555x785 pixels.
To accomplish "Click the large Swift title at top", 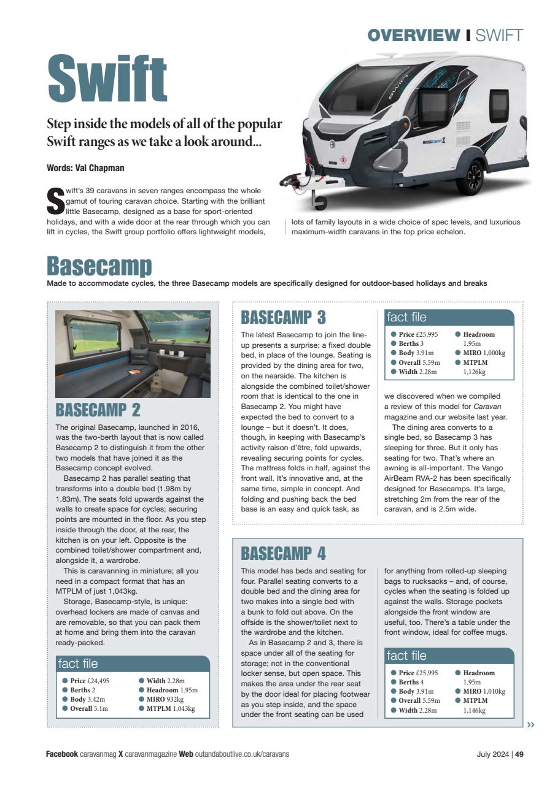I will click(x=107, y=80).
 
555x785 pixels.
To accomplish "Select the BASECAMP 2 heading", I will click(x=99, y=410).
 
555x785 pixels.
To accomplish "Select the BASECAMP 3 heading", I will click(x=284, y=317).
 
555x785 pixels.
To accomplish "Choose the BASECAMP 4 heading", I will click(x=284, y=554).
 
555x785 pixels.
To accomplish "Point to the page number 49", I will click(x=519, y=754).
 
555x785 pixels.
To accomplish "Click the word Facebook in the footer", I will click(x=62, y=754).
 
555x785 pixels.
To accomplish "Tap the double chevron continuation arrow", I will click(x=530, y=724).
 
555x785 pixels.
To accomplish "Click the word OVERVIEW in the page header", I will click(x=413, y=36).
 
